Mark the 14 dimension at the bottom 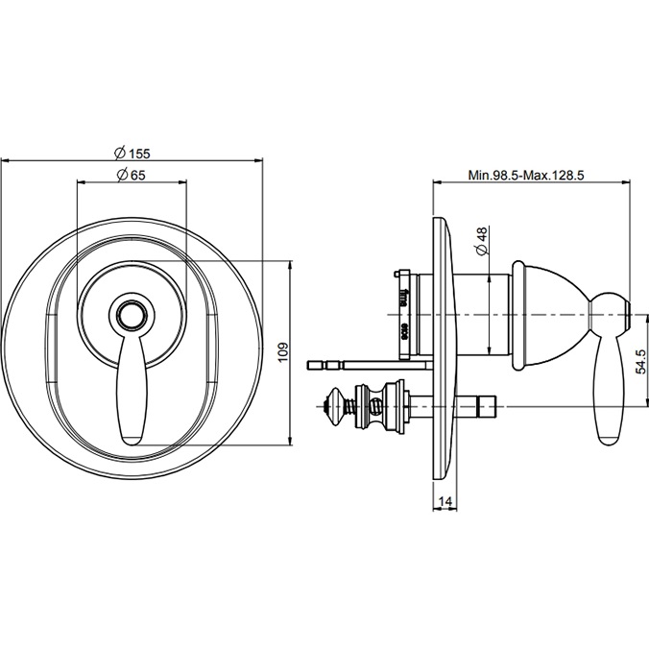pyautogui.click(x=445, y=502)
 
